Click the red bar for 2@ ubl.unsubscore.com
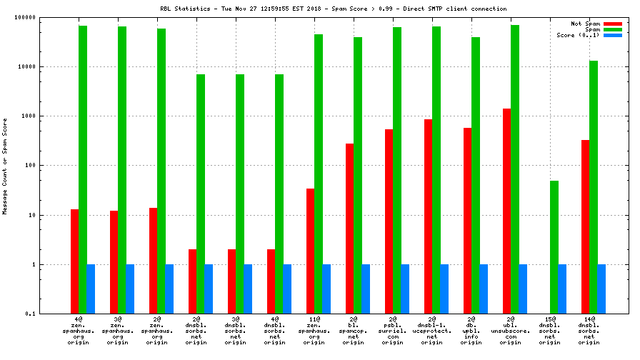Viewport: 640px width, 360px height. [506, 211]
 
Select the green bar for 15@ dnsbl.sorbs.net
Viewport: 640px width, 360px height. [554, 247]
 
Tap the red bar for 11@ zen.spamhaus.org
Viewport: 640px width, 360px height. [311, 251]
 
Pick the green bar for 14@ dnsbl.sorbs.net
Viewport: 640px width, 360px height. [594, 187]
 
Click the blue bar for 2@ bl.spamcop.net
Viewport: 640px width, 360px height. [366, 289]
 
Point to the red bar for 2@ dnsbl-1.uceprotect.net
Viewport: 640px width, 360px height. [428, 216]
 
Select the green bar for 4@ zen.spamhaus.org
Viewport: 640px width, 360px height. [83, 169]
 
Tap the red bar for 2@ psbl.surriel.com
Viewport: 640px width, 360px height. [389, 221]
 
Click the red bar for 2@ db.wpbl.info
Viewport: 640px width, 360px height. [467, 221]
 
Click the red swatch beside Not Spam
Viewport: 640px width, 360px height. [613, 24]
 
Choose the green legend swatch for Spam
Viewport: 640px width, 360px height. [613, 29]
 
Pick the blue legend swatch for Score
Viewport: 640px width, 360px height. [613, 35]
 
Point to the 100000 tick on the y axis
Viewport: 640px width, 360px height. [26, 17]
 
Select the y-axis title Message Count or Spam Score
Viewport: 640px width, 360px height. [5, 166]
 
